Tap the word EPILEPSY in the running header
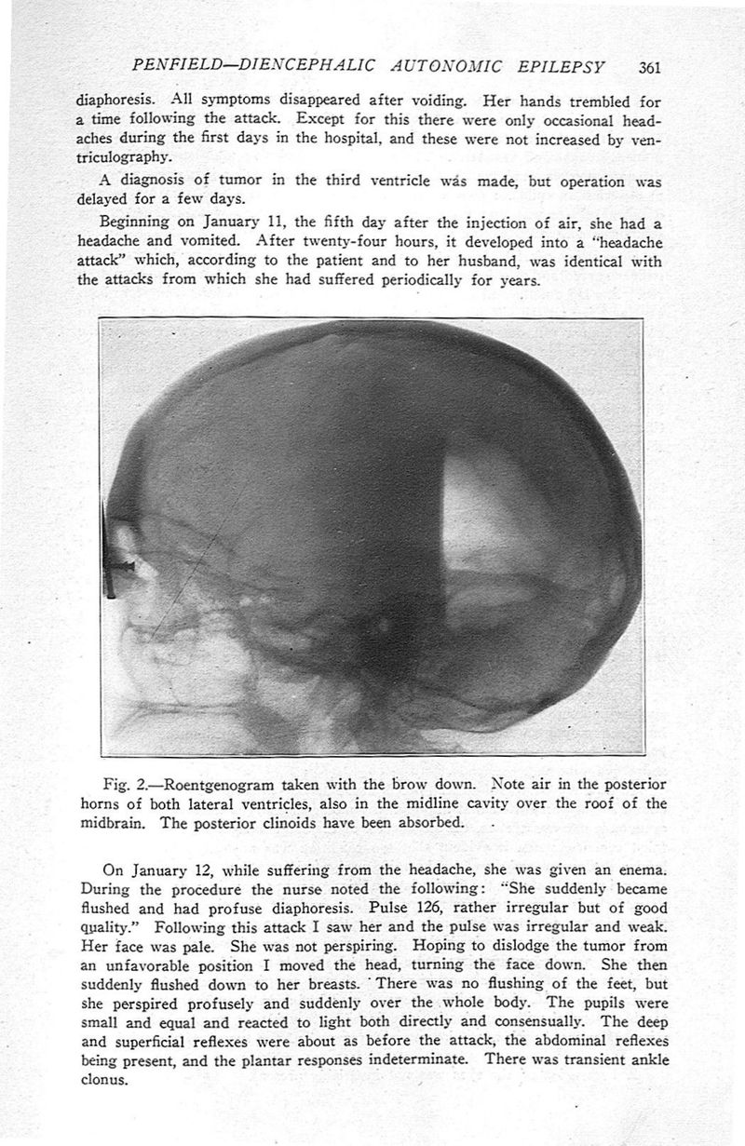point(564,67)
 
